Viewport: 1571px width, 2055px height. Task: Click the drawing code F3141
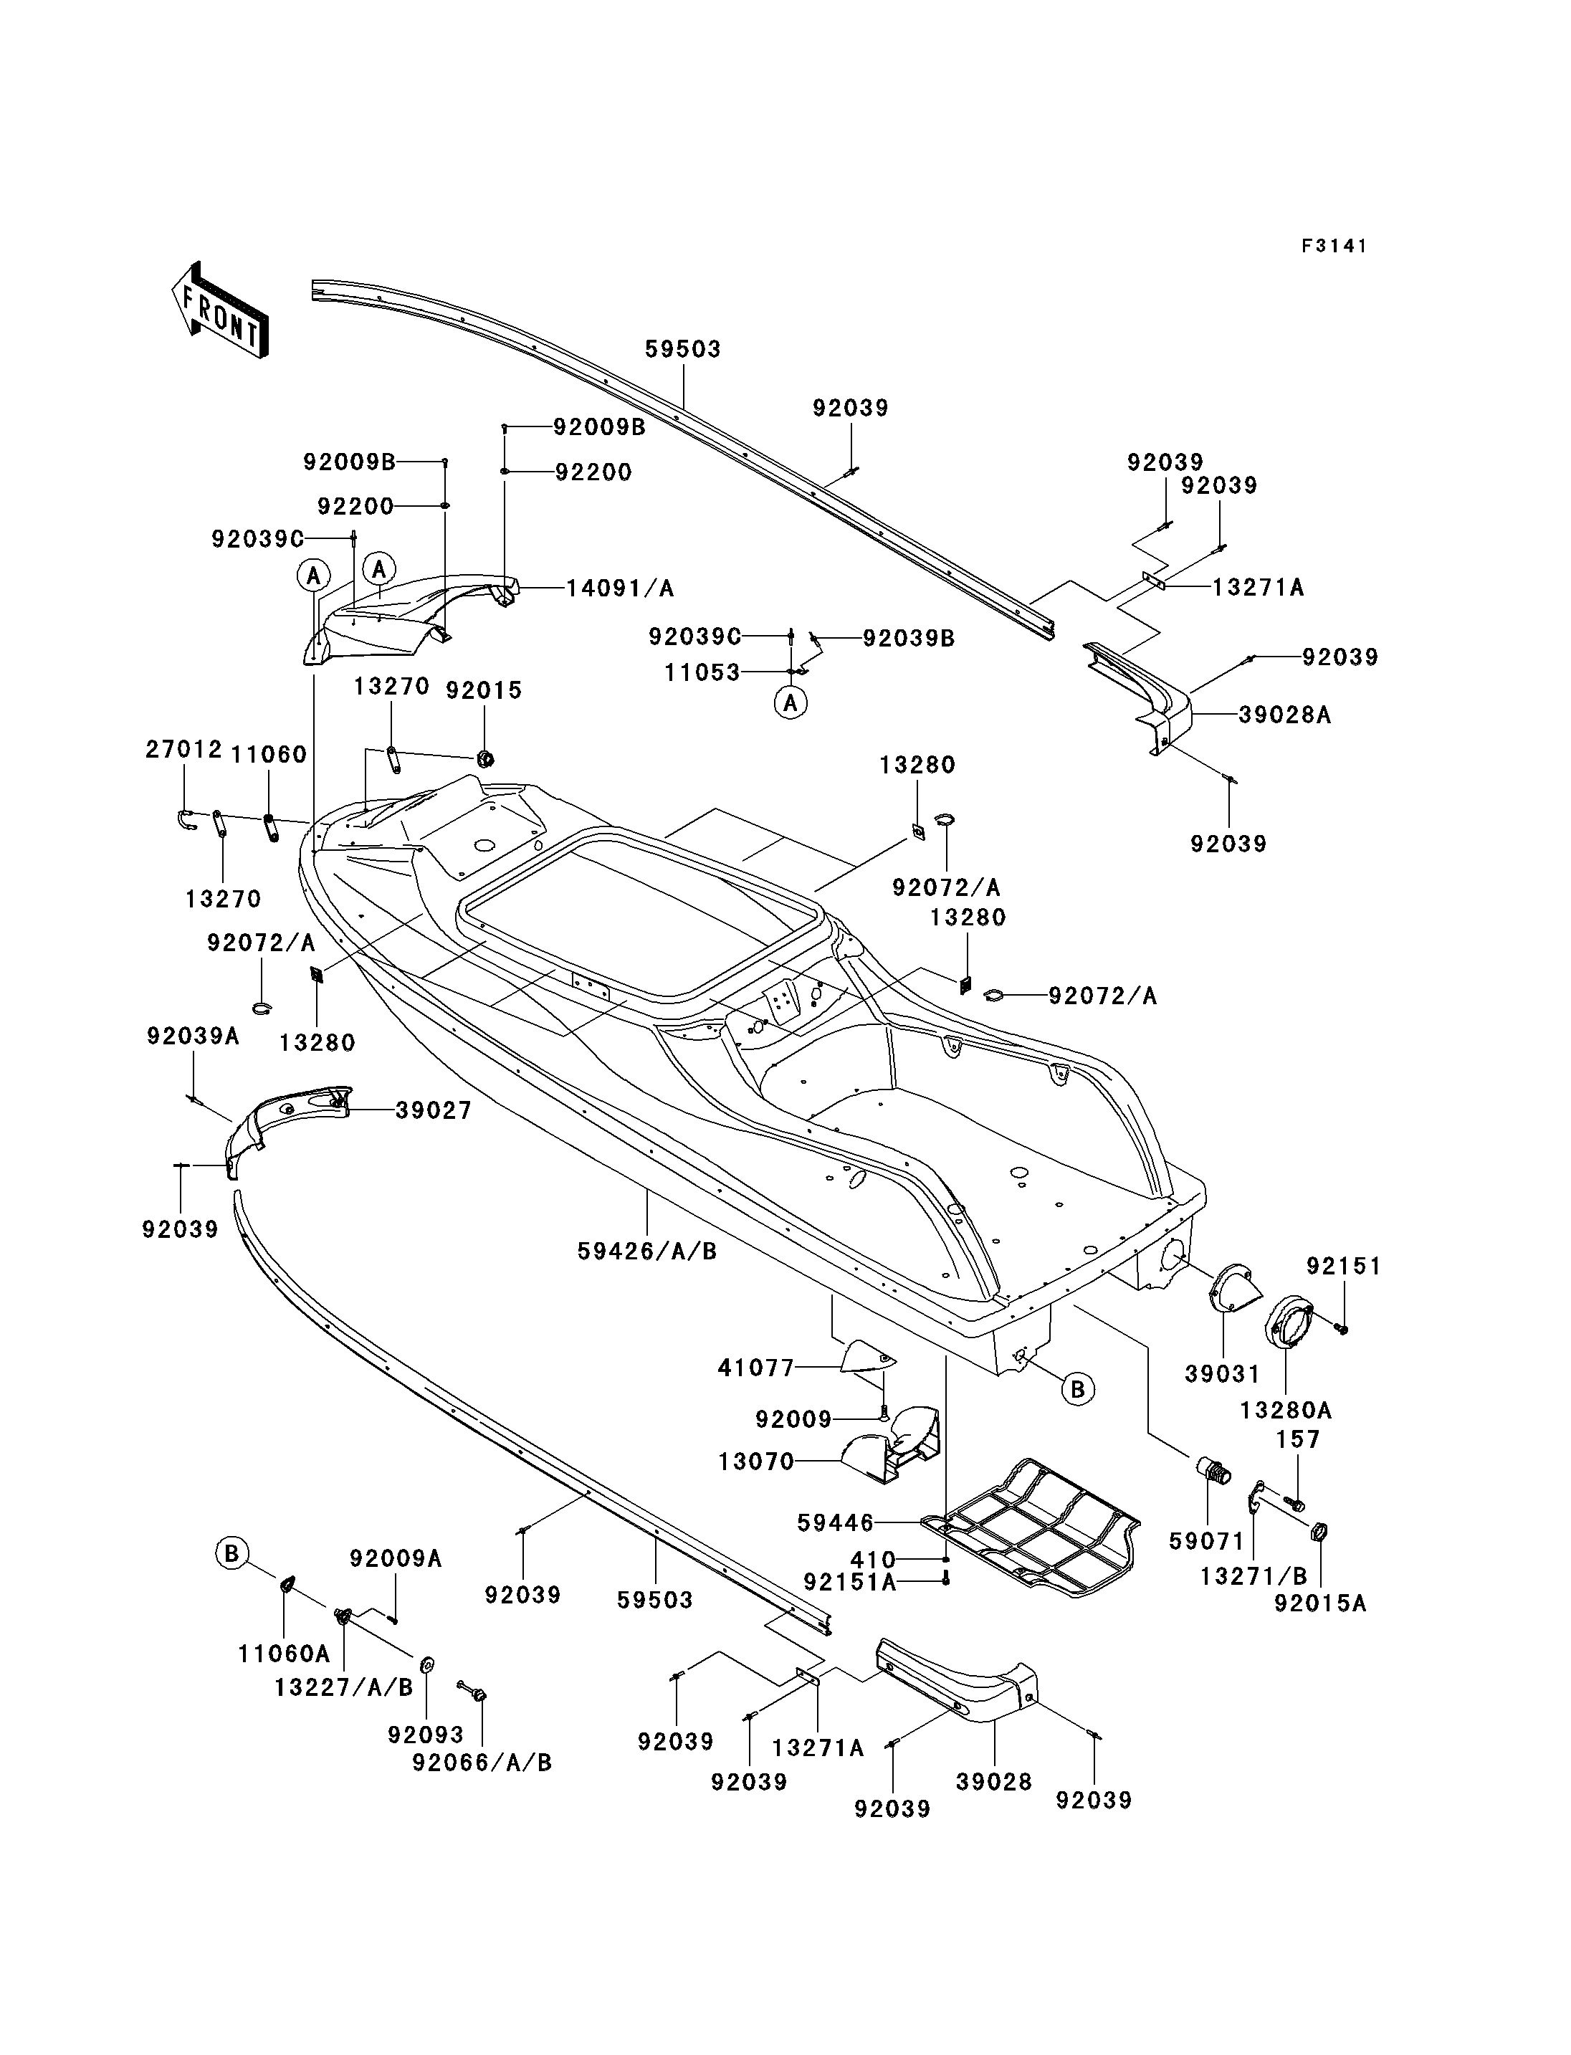pyautogui.click(x=1334, y=246)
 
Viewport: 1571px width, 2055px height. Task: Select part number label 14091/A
pyautogui.click(x=620, y=588)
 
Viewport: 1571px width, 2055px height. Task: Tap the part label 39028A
pyautogui.click(x=1285, y=715)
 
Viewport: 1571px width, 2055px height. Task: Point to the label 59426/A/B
pyautogui.click(x=647, y=1251)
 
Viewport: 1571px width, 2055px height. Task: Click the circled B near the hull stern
pyautogui.click(x=1077, y=1390)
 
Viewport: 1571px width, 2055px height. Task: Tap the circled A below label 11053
pyautogui.click(x=791, y=702)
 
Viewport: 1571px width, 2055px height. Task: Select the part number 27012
pyautogui.click(x=184, y=749)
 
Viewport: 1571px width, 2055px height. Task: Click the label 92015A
pyautogui.click(x=1320, y=1604)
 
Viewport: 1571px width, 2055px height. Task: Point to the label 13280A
pyautogui.click(x=1286, y=1411)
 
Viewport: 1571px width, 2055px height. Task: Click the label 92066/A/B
pyautogui.click(x=482, y=1763)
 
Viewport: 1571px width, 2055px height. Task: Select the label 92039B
pyautogui.click(x=909, y=638)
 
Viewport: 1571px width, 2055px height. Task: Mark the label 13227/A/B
pyautogui.click(x=344, y=1687)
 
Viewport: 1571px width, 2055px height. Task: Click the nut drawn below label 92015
pyautogui.click(x=485, y=758)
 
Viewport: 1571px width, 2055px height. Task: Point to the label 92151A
pyautogui.click(x=850, y=1582)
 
